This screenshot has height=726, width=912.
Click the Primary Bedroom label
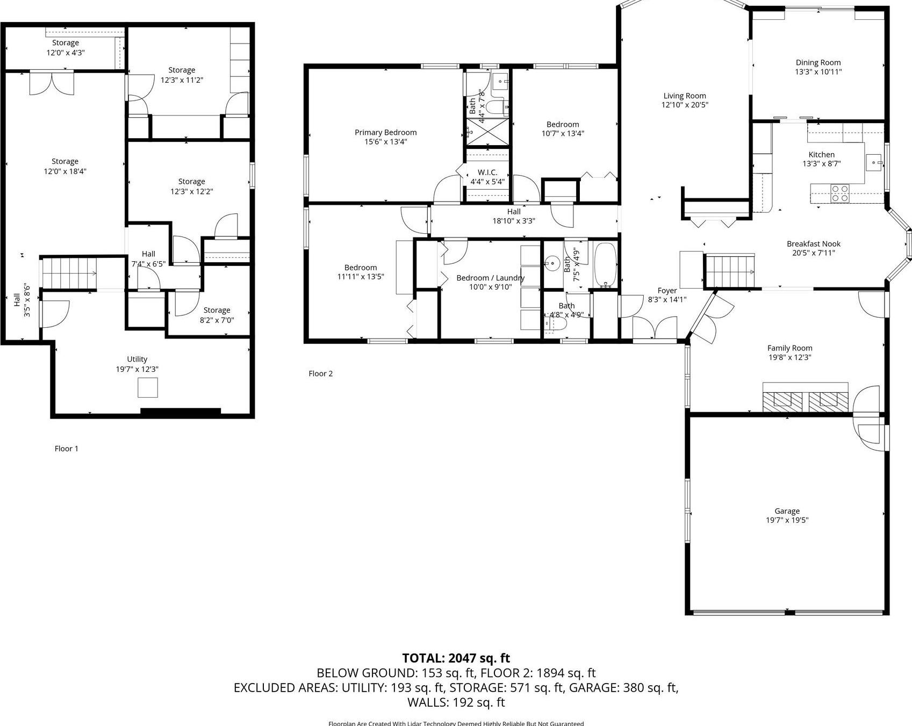[385, 132]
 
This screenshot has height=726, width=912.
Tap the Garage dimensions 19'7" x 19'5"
[787, 520]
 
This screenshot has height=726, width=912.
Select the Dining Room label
[818, 62]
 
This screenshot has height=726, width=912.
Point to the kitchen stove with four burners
[839, 193]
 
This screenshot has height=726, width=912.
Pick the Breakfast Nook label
[813, 243]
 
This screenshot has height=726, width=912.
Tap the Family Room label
[789, 348]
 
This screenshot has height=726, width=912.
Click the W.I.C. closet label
[487, 172]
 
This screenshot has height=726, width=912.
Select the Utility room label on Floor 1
[137, 359]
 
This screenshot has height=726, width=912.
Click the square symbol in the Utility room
[148, 387]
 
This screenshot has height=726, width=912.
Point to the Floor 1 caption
[67, 449]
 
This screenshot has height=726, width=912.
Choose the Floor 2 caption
[321, 373]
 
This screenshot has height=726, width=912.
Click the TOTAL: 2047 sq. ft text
[456, 658]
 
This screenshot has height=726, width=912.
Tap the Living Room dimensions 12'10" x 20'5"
[685, 105]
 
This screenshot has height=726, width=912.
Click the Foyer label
[667, 291]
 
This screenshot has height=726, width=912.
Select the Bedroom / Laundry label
[490, 278]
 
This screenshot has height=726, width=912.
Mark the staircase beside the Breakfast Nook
[730, 271]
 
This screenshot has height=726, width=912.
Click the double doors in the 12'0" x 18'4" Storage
[52, 83]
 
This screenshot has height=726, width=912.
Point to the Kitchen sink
[875, 161]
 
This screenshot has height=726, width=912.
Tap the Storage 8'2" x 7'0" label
[217, 310]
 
